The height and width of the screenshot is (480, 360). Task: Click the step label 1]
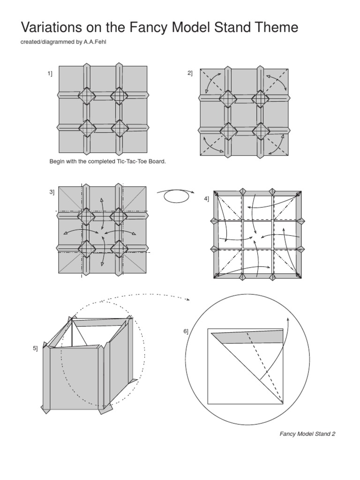pyautogui.click(x=49, y=73)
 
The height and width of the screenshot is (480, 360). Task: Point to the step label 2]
pyautogui.click(x=190, y=73)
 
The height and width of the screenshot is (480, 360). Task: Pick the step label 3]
pyautogui.click(x=51, y=192)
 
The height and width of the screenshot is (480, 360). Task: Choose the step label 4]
pyautogui.click(x=206, y=199)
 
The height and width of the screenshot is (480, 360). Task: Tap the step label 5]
pyautogui.click(x=35, y=348)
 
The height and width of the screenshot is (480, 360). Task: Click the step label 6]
pyautogui.click(x=186, y=331)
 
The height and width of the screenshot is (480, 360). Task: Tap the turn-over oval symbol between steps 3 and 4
pyautogui.click(x=176, y=197)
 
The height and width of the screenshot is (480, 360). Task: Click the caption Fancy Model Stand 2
pyautogui.click(x=307, y=434)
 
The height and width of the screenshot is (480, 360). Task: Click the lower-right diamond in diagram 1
pyautogui.click(x=120, y=127)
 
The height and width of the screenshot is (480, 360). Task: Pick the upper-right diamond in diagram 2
pyautogui.click(x=260, y=98)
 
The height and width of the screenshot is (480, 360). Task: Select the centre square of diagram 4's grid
pyautogui.click(x=257, y=234)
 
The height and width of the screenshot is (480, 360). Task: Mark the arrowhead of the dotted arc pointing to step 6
pyautogui.click(x=187, y=299)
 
